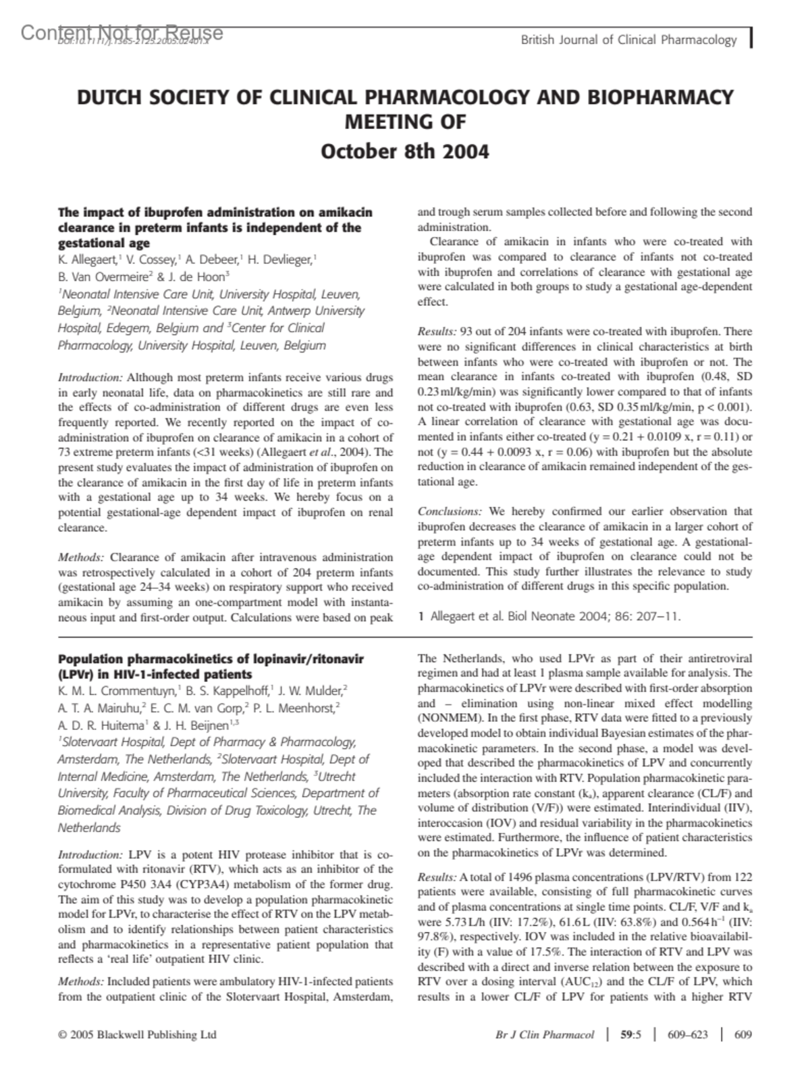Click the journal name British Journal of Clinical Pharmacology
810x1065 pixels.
[x=628, y=40]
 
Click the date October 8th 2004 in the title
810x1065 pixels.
[x=404, y=151]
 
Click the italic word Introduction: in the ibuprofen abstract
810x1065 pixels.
[x=90, y=378]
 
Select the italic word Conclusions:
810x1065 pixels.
[x=450, y=512]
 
